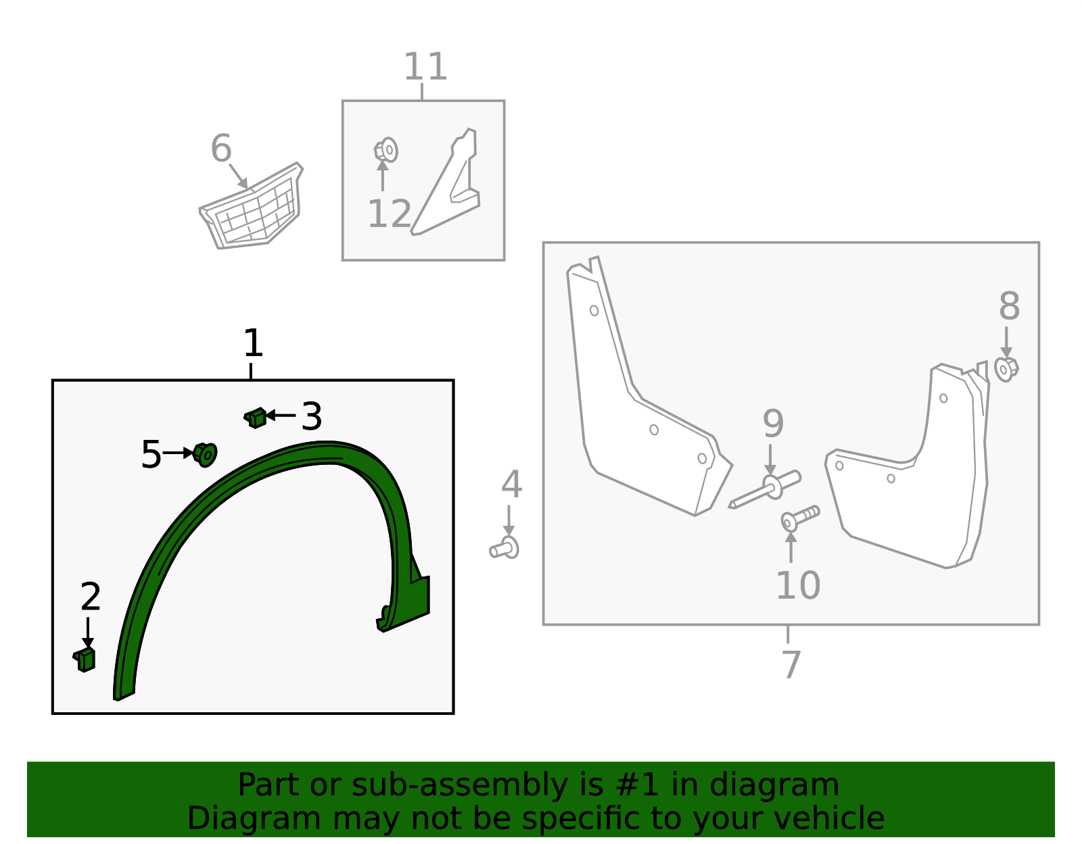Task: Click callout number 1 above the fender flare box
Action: [x=252, y=344]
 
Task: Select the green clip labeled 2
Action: [x=85, y=659]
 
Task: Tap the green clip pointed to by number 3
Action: [x=255, y=418]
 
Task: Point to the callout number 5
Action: [x=151, y=454]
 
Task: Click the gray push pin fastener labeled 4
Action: [x=504, y=548]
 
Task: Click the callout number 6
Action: [x=220, y=149]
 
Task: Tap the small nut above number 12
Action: [x=386, y=149]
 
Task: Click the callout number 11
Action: [x=425, y=67]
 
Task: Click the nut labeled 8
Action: [x=1006, y=369]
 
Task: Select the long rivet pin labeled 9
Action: [x=764, y=491]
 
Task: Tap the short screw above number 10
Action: [x=799, y=518]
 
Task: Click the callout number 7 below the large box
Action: [x=791, y=664]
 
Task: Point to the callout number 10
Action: [x=797, y=585]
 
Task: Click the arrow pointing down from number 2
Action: [x=87, y=632]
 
